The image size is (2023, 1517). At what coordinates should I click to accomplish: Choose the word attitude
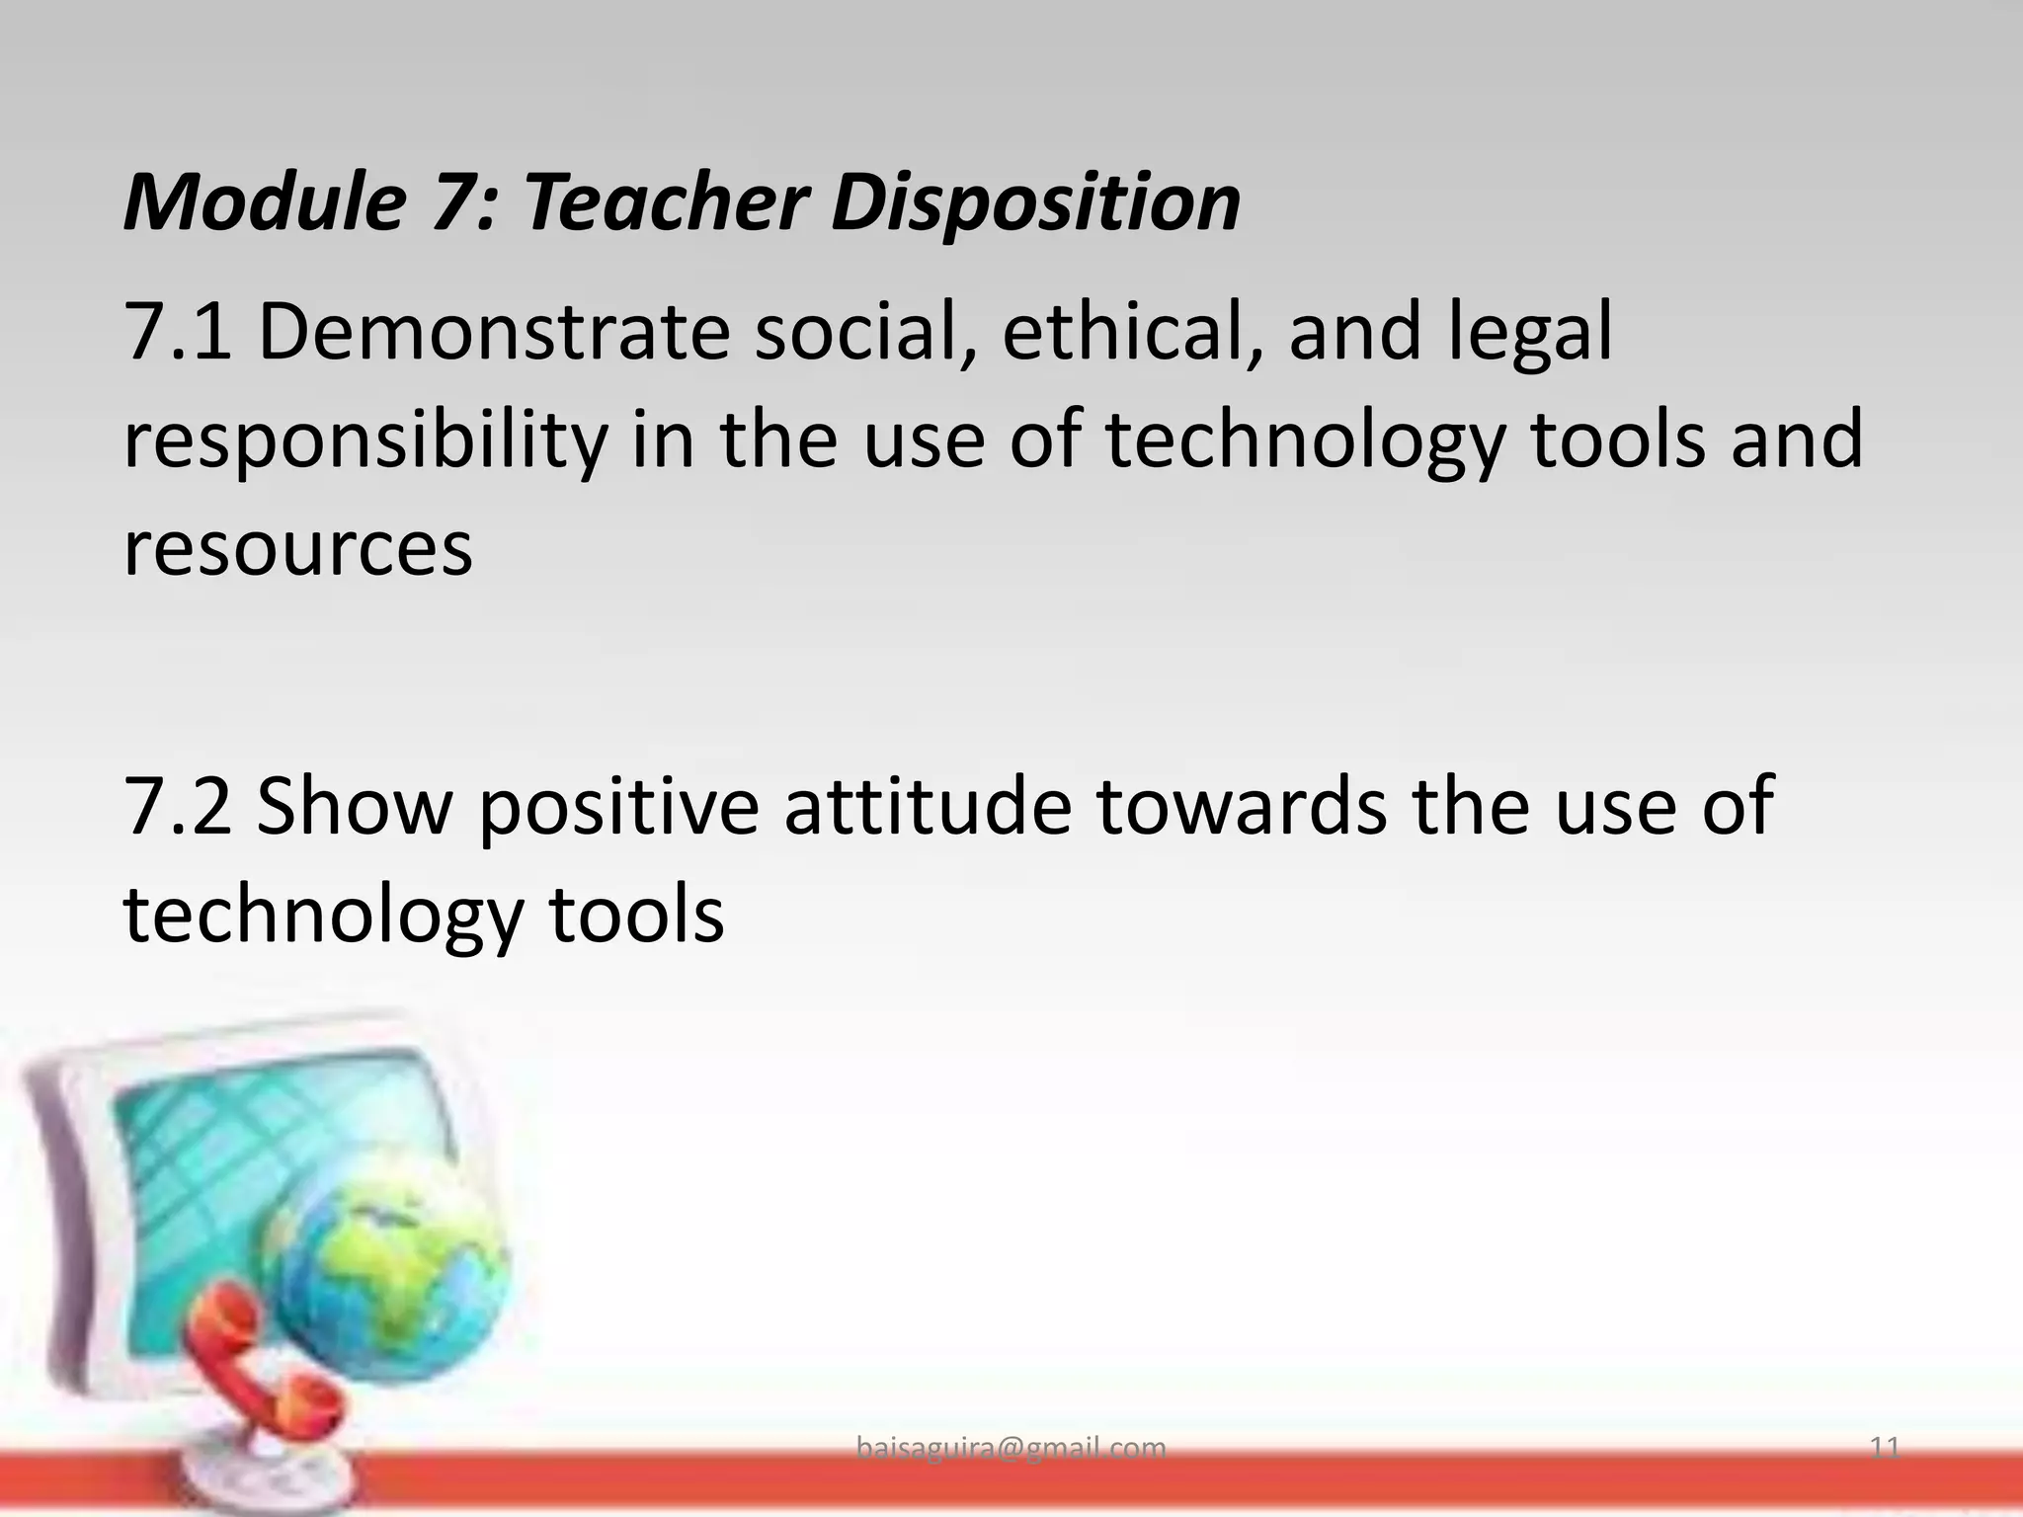929,804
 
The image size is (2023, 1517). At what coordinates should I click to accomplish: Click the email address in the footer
1011,1448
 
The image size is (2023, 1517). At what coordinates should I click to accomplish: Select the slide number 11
1886,1448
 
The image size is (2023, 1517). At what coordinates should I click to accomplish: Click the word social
864,332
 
